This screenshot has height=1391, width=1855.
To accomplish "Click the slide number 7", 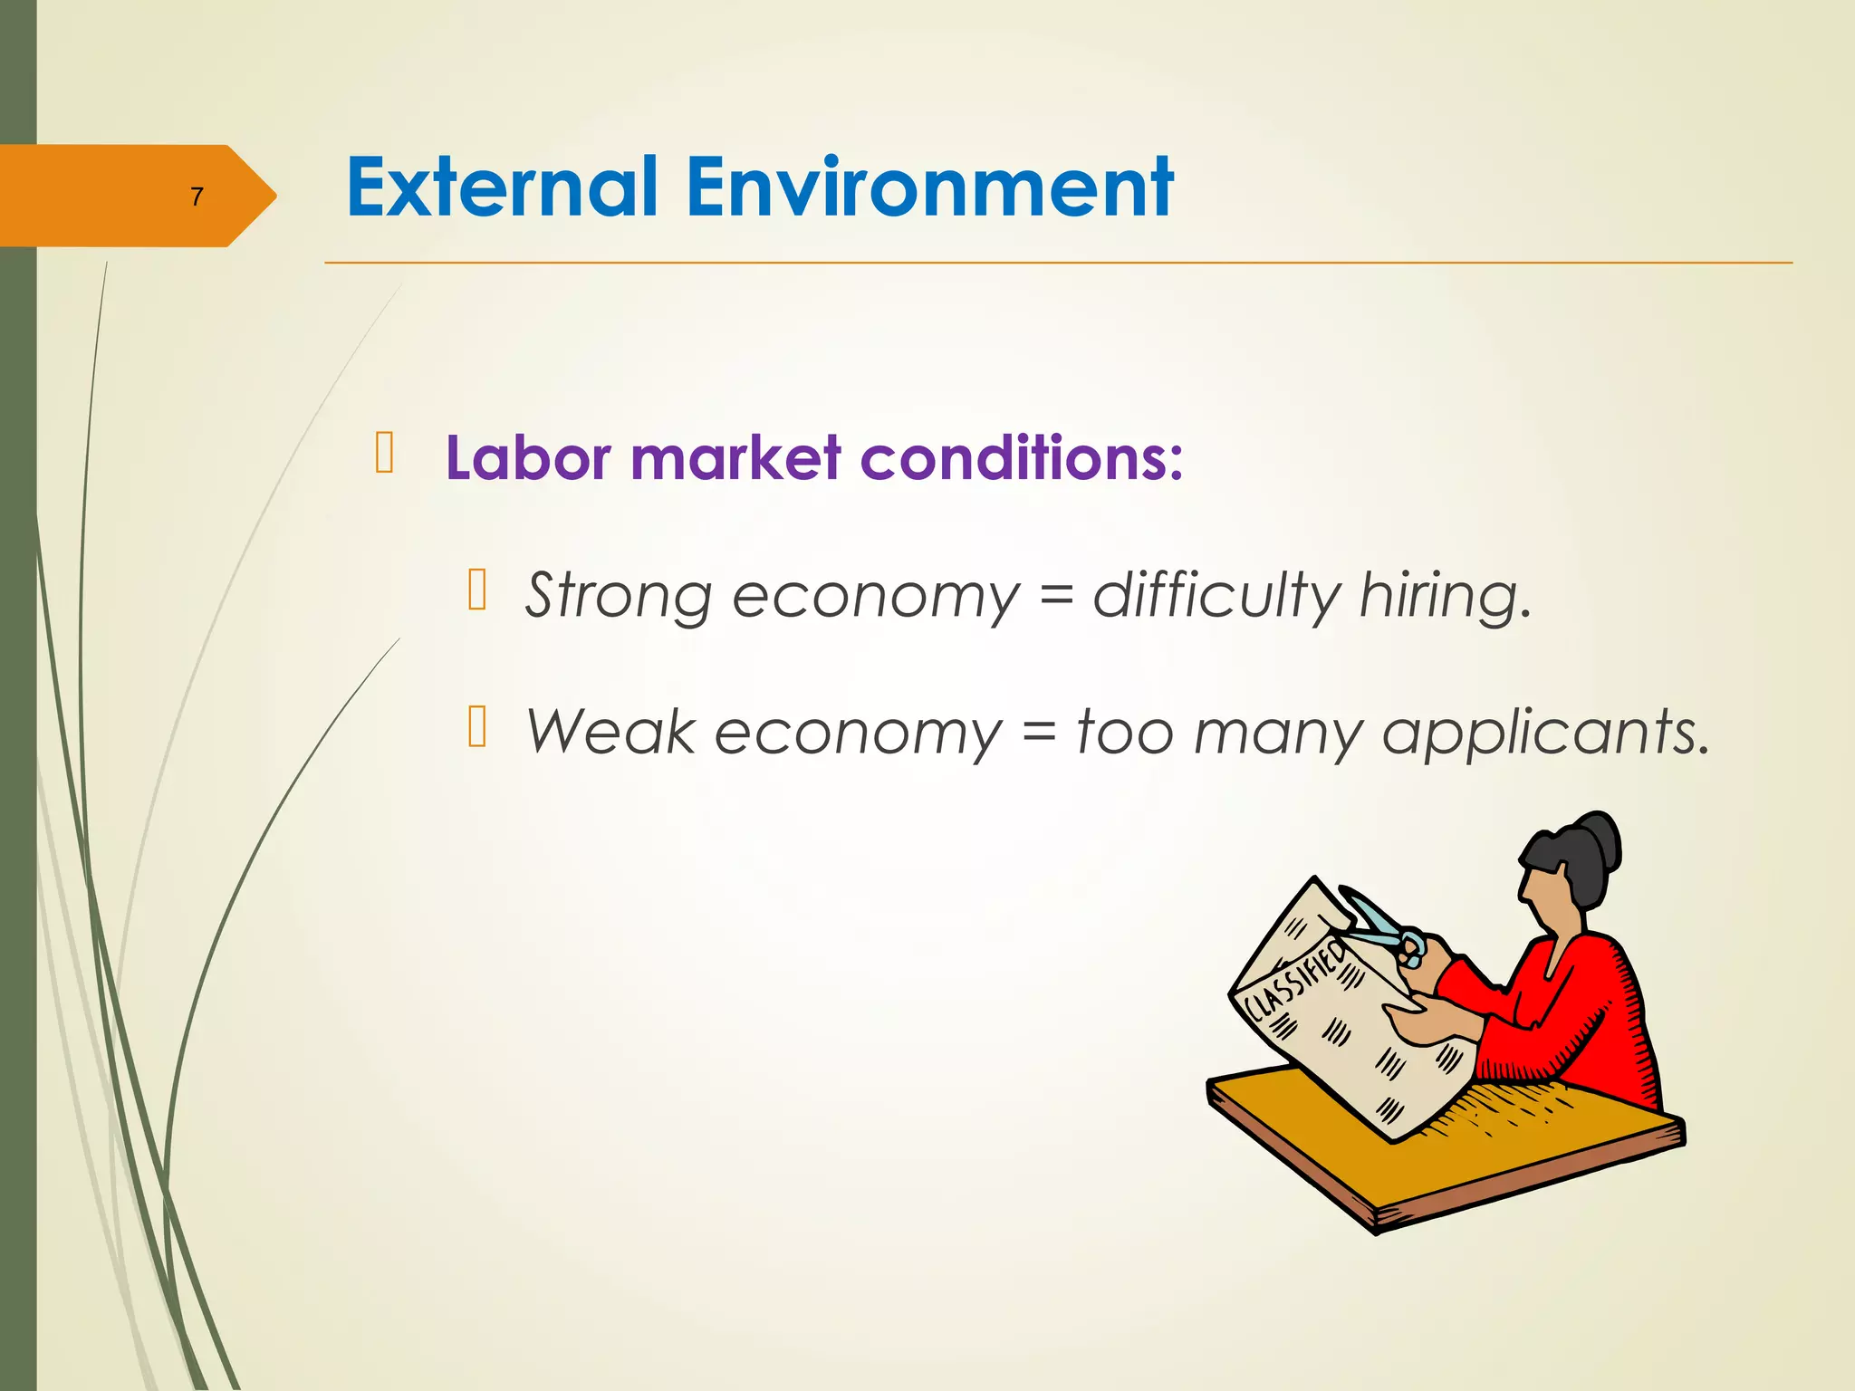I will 197,197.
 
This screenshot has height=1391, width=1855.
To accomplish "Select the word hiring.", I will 1445,596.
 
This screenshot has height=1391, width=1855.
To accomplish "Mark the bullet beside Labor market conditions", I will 384,453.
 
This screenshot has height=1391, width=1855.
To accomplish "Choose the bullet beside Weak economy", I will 477,727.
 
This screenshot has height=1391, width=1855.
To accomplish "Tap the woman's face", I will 1544,901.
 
